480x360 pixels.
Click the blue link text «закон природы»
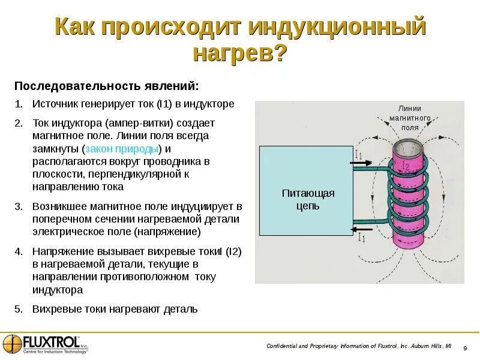point(122,148)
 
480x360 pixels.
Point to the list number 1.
point(19,104)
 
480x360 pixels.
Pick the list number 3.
point(19,206)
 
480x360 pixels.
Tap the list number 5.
point(19,309)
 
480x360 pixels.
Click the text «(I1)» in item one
point(165,104)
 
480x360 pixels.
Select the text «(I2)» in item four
point(233,251)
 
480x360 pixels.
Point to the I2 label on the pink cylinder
point(406,166)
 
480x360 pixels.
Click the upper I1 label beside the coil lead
point(358,154)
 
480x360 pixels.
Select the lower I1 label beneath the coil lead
point(361,238)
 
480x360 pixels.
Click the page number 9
point(465,349)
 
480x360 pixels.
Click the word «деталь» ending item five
point(179,309)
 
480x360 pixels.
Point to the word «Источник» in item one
point(53,104)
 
